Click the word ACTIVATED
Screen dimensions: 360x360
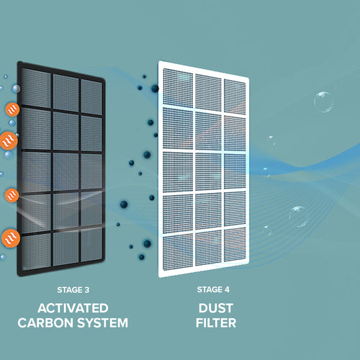pyautogui.click(x=73, y=308)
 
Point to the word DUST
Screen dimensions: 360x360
pyautogui.click(x=216, y=308)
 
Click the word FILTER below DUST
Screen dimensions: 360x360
pyautogui.click(x=216, y=323)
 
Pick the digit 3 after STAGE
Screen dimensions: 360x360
pyautogui.click(x=87, y=290)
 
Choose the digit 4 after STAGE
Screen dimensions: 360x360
pyautogui.click(x=227, y=289)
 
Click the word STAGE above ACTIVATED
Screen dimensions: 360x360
pyautogui.click(x=70, y=290)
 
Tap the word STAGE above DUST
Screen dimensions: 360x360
pyautogui.click(x=210, y=289)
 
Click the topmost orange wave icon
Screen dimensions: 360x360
pyautogui.click(x=12, y=109)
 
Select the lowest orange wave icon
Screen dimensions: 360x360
pyautogui.click(x=11, y=238)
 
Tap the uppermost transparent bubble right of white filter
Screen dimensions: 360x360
pyautogui.click(x=323, y=102)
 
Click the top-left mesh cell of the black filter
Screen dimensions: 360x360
pyautogui.click(x=36, y=88)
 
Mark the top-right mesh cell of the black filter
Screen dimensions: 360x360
pyautogui.click(x=91, y=97)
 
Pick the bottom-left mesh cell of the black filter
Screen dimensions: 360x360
pyautogui.click(x=36, y=251)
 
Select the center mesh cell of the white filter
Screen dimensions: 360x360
pyautogui.click(x=208, y=172)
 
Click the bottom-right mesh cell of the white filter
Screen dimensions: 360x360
pyautogui.click(x=235, y=244)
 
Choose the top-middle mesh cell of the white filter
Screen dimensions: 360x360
pyautogui.click(x=208, y=93)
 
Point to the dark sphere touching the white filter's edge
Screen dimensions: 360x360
pyautogui.click(x=155, y=89)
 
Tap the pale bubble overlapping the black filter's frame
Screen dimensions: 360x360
pyautogui.click(x=16, y=89)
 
